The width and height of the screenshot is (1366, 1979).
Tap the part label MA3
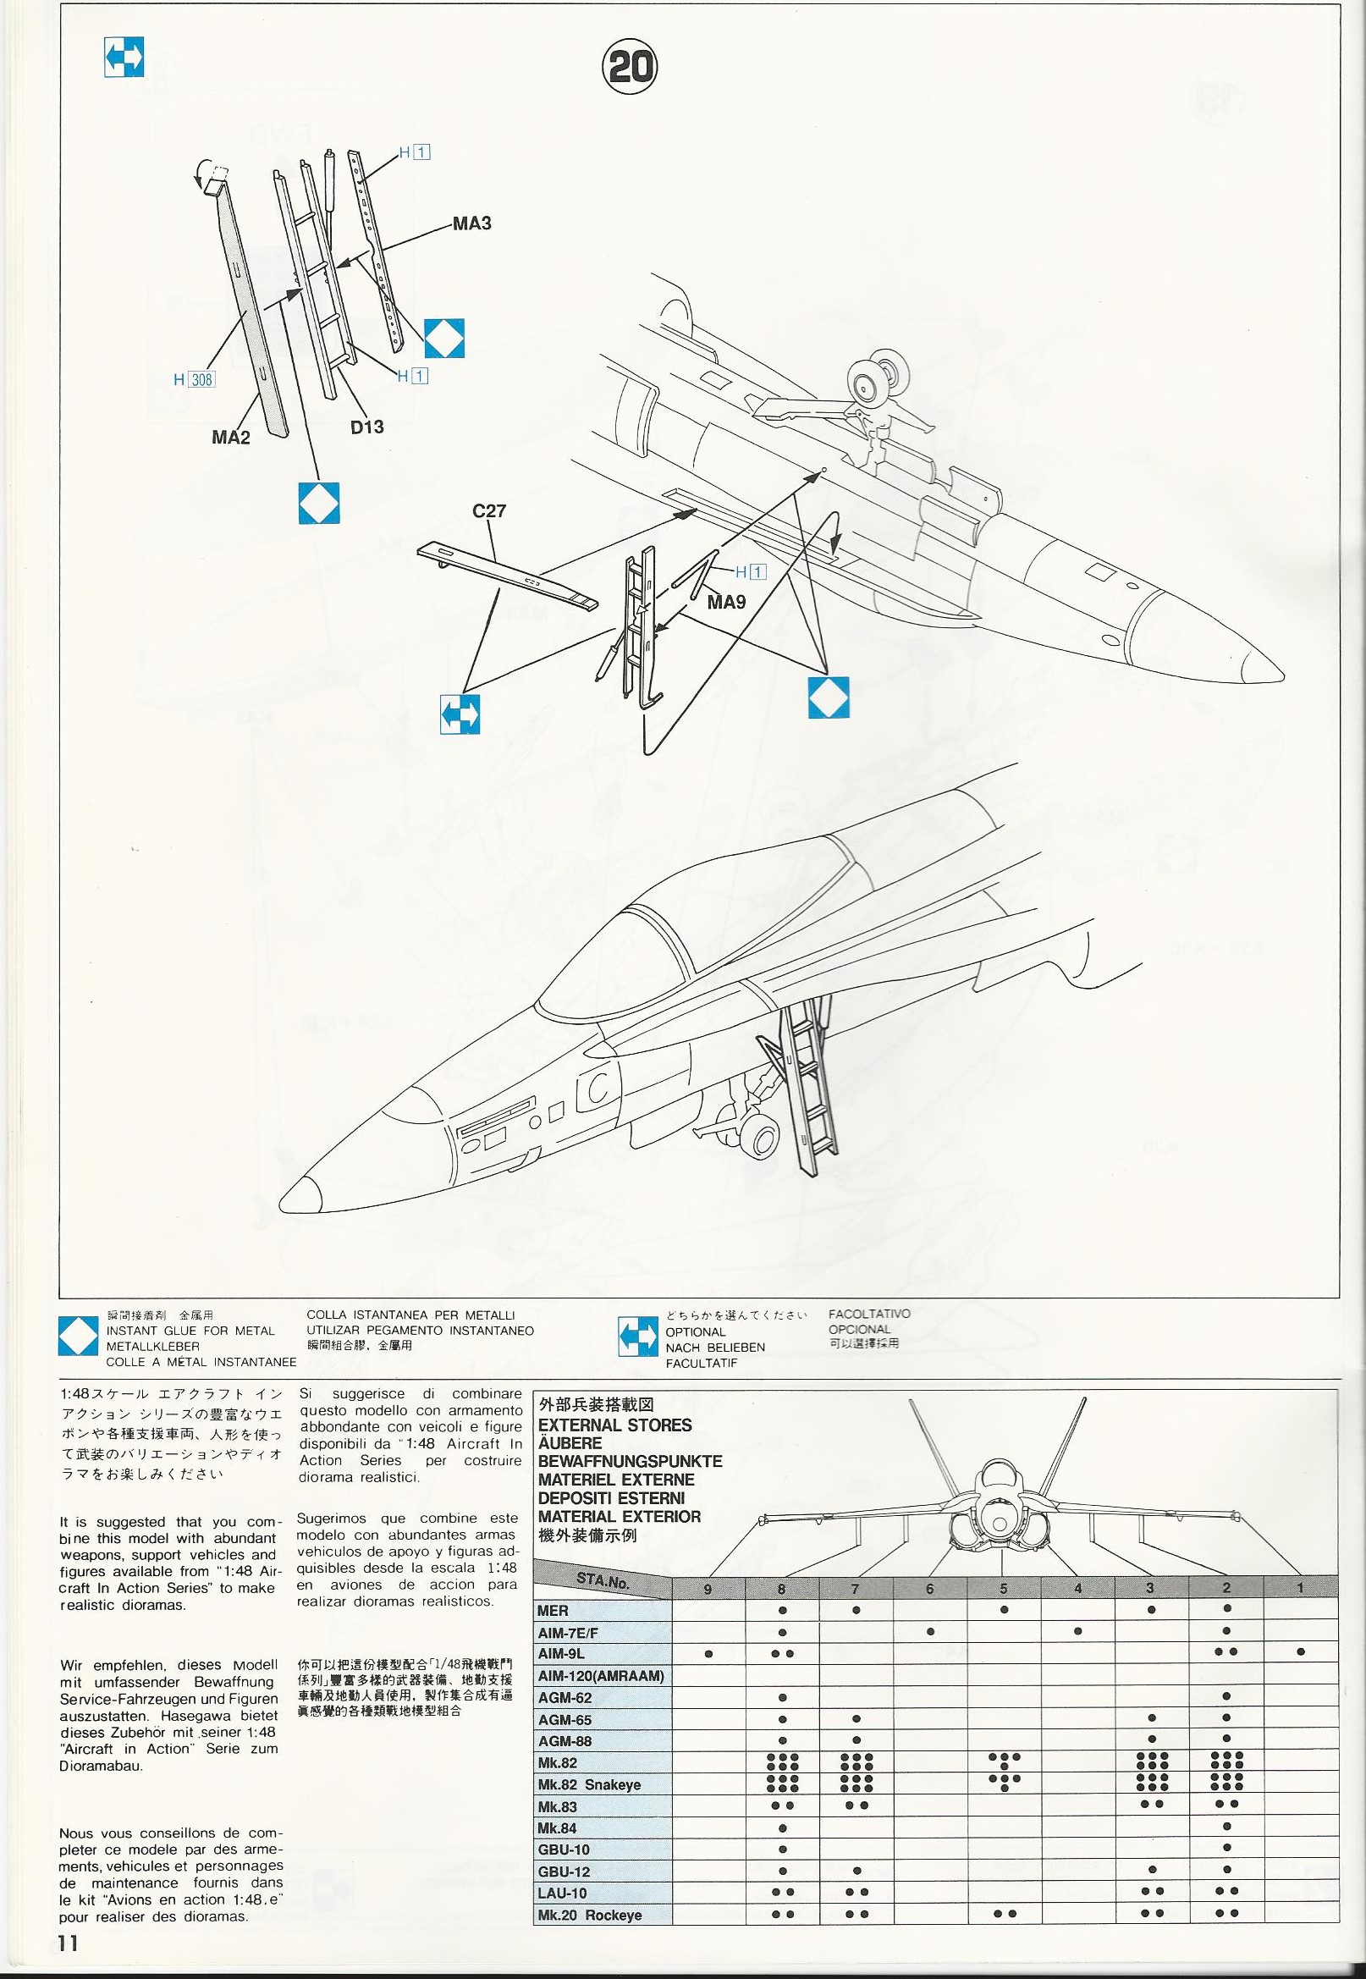click(x=471, y=223)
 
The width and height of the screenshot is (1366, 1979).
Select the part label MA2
click(x=231, y=438)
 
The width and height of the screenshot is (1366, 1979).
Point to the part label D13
click(x=367, y=427)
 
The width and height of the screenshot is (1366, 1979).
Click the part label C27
click(x=489, y=511)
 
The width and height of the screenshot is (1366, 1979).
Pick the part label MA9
click(x=726, y=602)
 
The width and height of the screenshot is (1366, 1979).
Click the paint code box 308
click(x=202, y=379)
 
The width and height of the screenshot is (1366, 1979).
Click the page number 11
click(x=69, y=1943)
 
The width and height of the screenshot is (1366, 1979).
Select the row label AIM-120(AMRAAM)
click(x=601, y=1675)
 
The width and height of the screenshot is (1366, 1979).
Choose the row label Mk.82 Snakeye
click(x=589, y=1784)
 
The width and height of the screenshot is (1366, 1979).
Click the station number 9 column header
click(x=707, y=1588)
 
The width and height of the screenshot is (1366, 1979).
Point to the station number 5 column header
click(x=1003, y=1588)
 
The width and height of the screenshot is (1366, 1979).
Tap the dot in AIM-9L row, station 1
click(x=1300, y=1653)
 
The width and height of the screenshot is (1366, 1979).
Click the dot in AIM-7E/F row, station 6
click(x=929, y=1631)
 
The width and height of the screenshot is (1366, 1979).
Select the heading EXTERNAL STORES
click(x=614, y=1425)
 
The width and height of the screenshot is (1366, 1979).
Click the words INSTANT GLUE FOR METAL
click(x=190, y=1330)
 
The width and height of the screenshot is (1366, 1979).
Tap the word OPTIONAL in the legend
click(x=695, y=1331)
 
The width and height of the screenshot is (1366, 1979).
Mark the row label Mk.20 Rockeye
click(x=589, y=1938)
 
